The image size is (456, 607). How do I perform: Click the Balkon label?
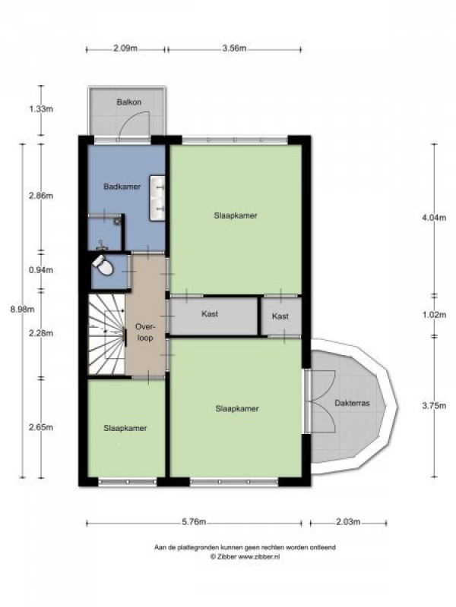tap(128, 102)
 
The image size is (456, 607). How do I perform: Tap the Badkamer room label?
tap(122, 187)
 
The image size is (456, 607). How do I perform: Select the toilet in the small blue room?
tap(103, 265)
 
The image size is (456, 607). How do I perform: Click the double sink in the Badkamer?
tap(157, 198)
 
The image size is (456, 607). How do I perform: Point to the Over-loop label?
tap(144, 332)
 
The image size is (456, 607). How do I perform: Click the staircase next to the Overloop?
tap(106, 335)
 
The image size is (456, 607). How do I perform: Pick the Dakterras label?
tap(352, 403)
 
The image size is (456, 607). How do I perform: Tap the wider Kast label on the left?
tap(210, 313)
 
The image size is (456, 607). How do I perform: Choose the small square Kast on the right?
tap(280, 316)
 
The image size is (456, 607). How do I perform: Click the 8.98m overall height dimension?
tap(22, 310)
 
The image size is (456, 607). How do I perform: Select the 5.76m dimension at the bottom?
tap(194, 522)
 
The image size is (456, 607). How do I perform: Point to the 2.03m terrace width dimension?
tap(348, 522)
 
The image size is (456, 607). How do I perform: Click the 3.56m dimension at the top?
tap(234, 49)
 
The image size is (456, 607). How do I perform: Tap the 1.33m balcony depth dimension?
tap(41, 109)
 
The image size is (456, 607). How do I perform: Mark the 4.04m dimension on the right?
tap(434, 218)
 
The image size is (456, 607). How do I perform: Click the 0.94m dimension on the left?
tap(41, 270)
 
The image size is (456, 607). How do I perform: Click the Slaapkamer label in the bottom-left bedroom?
tap(125, 428)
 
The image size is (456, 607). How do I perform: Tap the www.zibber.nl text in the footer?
tap(258, 557)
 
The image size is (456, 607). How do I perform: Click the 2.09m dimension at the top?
tap(125, 49)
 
